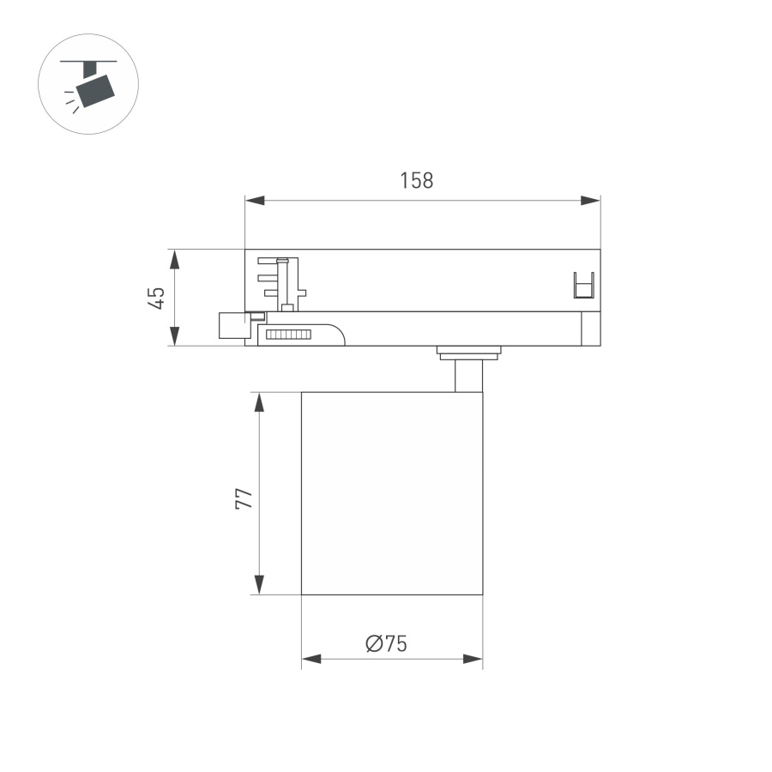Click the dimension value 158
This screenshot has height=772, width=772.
tap(417, 181)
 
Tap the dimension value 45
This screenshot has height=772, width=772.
tap(156, 298)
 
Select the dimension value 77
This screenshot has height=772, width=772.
tap(244, 498)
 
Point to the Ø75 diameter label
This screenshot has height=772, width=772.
tap(385, 643)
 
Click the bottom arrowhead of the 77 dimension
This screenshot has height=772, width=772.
tap(258, 584)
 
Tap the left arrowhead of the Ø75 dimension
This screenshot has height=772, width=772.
tap(311, 659)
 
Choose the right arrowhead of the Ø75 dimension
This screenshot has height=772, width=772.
tap(473, 659)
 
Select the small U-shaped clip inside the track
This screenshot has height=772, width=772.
tap(583, 285)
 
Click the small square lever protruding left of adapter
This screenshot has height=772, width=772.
tap(232, 326)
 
